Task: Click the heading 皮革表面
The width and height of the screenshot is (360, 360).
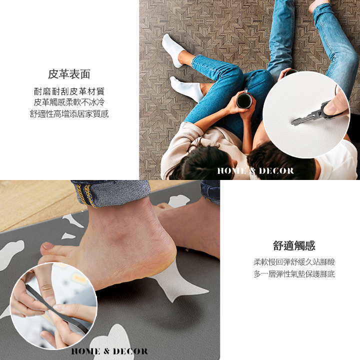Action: click(69, 74)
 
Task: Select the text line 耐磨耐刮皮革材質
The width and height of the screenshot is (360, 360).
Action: click(69, 91)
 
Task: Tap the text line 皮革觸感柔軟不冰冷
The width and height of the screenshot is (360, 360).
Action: click(69, 102)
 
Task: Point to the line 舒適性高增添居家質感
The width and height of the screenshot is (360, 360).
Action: click(69, 113)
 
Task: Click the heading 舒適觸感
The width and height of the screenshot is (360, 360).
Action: click(294, 245)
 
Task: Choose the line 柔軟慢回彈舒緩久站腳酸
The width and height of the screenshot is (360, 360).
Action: click(294, 261)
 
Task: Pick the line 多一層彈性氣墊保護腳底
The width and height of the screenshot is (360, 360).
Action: click(294, 274)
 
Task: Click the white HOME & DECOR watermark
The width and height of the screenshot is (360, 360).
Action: click(255, 171)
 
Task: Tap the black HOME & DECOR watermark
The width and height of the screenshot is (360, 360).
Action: click(109, 351)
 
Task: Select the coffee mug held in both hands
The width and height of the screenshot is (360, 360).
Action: click(244, 99)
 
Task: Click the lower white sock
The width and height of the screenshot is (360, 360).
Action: click(187, 89)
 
